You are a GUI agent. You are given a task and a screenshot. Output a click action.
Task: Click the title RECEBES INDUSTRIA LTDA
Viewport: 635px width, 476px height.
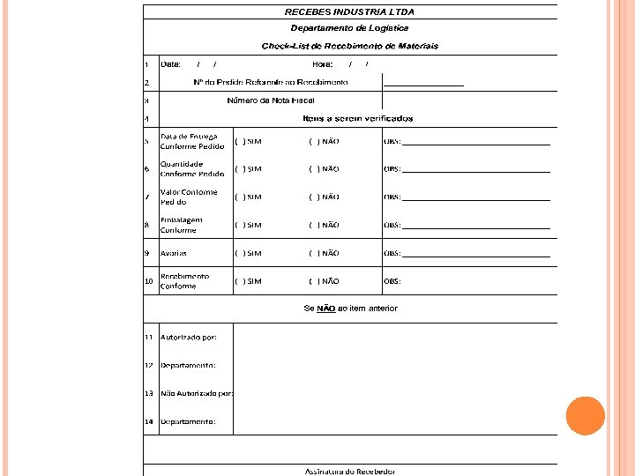[x=349, y=12]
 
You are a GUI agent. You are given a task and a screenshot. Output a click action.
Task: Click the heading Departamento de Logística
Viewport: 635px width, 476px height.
[x=349, y=28]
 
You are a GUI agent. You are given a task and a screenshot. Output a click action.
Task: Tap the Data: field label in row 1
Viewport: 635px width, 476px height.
[x=170, y=63]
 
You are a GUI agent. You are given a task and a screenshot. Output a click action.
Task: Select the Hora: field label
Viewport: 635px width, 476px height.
[x=322, y=63]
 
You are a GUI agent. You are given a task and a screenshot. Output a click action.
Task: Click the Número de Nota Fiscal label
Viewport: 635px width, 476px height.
[x=270, y=100]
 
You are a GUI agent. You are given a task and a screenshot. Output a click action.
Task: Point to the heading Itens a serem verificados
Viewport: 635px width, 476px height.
[x=357, y=118]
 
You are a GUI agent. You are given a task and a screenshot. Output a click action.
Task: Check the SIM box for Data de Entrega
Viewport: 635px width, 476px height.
[x=239, y=141]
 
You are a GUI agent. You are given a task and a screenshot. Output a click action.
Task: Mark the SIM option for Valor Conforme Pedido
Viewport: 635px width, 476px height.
[x=239, y=197]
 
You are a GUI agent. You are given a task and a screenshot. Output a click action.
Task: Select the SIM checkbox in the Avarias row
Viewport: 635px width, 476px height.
[x=239, y=253]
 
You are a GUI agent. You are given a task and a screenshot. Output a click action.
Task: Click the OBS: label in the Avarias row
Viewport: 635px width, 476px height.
[x=392, y=253]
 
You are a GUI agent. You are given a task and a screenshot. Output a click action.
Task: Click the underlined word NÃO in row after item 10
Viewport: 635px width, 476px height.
[x=325, y=309]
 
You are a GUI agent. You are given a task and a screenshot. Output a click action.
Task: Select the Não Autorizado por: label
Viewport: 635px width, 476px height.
[x=196, y=393]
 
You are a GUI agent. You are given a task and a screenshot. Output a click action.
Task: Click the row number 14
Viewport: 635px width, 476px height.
[x=149, y=421]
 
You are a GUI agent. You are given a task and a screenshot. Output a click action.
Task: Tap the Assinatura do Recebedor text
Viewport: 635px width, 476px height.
[x=350, y=472]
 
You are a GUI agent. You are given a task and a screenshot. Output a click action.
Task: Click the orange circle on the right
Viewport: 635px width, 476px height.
[x=585, y=416]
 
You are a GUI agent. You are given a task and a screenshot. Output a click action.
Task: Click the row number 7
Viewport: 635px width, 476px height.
[x=146, y=197]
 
